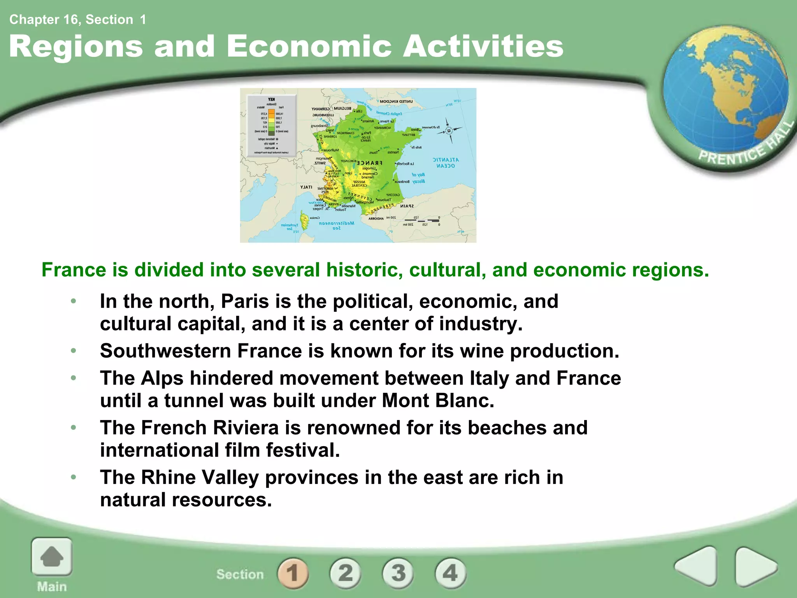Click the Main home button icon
(x=52, y=557)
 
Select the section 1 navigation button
(x=293, y=573)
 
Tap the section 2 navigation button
(x=345, y=573)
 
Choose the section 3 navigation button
(x=398, y=573)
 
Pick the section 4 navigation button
(x=450, y=573)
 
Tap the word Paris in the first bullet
(x=245, y=301)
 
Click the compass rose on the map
(x=449, y=131)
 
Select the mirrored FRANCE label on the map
(x=369, y=163)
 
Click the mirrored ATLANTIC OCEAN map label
(x=446, y=163)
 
